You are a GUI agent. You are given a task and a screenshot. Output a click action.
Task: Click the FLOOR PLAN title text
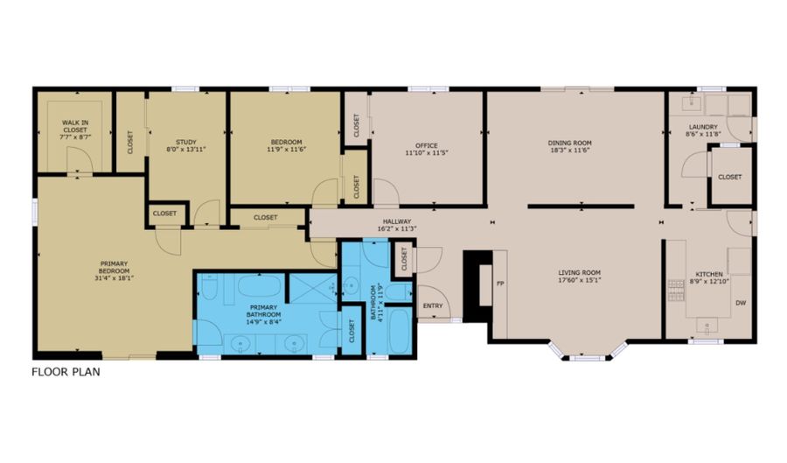[66, 371]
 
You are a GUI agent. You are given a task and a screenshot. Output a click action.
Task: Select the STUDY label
[185, 142]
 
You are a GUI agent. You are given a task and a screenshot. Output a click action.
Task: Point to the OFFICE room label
[427, 145]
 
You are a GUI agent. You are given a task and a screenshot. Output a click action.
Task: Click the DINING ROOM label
[570, 143]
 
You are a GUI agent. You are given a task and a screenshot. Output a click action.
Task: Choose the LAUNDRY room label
[703, 128]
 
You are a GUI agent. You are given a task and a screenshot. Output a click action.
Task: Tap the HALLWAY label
[396, 221]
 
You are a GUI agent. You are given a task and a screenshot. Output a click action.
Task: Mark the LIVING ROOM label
[580, 272]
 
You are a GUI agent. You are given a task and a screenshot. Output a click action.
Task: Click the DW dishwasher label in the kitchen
[740, 304]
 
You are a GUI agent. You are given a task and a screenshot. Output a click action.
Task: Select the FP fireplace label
[501, 284]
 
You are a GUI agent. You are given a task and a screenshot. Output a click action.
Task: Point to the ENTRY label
[433, 305]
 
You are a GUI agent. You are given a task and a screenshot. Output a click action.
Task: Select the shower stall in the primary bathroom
[312, 286]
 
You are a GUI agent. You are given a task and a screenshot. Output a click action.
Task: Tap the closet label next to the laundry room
[729, 177]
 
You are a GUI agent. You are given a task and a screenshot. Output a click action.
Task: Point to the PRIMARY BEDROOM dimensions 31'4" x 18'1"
[115, 278]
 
